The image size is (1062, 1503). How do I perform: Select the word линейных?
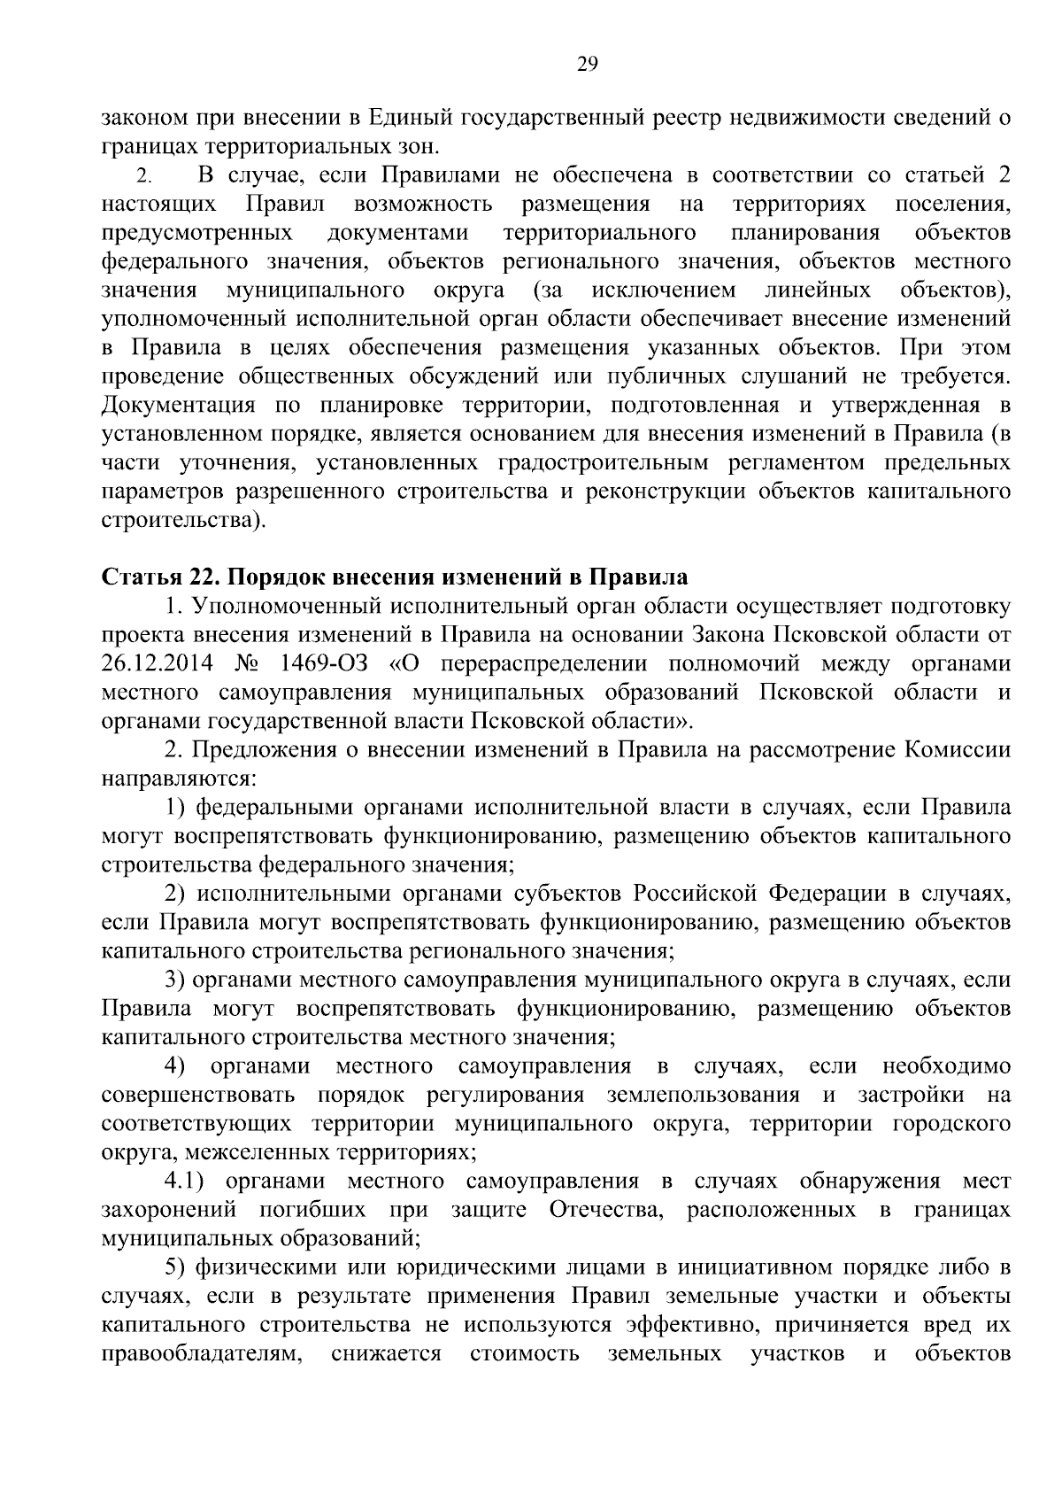(817, 291)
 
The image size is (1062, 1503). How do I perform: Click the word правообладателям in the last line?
(203, 1353)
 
